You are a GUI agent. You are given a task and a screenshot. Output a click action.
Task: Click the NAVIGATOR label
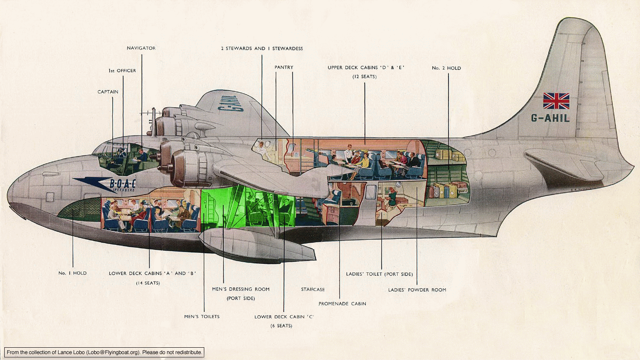tap(141, 48)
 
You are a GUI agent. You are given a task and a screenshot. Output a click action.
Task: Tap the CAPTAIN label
tap(108, 92)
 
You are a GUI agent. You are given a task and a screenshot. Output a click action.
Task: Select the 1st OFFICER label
tap(122, 70)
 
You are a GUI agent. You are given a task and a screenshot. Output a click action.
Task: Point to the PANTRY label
tap(284, 67)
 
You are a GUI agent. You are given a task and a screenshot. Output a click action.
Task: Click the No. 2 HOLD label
tap(446, 68)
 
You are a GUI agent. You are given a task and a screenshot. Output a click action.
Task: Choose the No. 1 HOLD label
tap(72, 273)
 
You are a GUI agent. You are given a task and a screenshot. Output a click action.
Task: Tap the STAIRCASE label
tap(313, 290)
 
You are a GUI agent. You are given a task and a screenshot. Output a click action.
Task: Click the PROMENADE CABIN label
tap(342, 304)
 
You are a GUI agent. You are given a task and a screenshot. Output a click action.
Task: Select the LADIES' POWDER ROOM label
tap(417, 290)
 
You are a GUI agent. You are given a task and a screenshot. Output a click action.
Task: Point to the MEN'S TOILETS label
tap(202, 317)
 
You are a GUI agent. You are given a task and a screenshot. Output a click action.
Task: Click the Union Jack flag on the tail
tap(556, 101)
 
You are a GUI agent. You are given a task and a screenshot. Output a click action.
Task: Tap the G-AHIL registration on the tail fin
tap(550, 118)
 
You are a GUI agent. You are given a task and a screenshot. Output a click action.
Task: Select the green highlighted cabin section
tap(248, 206)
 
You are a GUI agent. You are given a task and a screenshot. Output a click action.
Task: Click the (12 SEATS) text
tap(365, 77)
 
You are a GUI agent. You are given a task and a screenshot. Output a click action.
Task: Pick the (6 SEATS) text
tap(281, 326)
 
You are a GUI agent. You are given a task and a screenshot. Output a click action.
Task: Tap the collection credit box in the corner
tap(104, 352)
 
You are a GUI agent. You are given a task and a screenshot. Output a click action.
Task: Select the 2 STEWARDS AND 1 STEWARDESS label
tap(262, 49)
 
